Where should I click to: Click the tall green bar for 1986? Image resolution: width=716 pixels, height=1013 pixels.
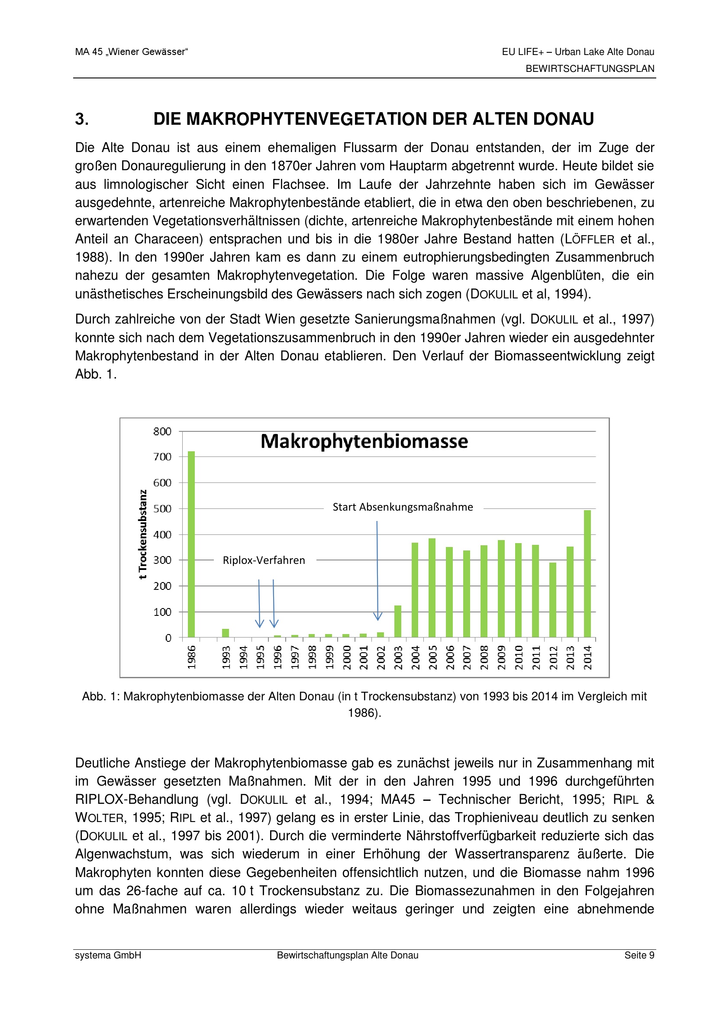click(x=191, y=544)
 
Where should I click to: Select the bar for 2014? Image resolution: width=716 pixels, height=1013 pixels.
click(x=587, y=573)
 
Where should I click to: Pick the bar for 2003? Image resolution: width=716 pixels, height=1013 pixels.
click(x=398, y=621)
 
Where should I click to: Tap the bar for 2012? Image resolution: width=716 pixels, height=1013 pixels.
click(x=553, y=600)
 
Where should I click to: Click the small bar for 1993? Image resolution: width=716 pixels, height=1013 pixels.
click(x=225, y=633)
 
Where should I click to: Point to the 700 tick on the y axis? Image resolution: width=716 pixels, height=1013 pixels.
click(x=162, y=456)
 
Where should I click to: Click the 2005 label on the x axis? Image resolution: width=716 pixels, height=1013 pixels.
click(x=432, y=657)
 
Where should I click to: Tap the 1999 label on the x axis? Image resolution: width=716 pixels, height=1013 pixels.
click(x=329, y=657)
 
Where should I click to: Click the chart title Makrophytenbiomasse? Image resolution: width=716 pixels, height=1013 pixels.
click(x=364, y=442)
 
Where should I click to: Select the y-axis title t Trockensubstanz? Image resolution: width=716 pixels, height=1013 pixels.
click(x=142, y=534)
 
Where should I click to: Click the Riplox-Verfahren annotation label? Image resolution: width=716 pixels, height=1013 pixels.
click(x=264, y=560)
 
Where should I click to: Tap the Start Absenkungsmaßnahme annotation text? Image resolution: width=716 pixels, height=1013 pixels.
click(x=403, y=507)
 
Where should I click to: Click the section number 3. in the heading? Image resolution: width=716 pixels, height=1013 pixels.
click(x=82, y=119)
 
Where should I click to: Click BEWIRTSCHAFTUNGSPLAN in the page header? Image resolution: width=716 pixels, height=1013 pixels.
click(x=590, y=69)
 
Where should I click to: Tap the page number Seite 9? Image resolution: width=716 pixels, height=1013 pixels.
click(x=639, y=955)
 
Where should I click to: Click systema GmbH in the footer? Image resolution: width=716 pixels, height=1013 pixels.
click(x=108, y=955)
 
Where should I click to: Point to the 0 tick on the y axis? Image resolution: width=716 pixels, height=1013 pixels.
click(x=168, y=638)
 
